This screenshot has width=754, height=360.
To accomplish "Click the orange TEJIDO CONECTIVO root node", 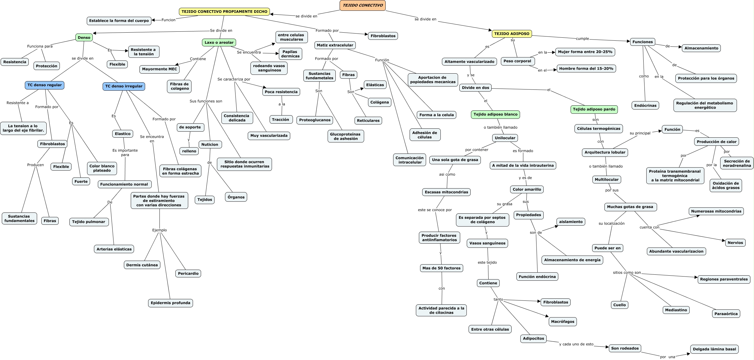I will tap(362, 5).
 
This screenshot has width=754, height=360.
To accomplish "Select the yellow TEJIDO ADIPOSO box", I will tap(512, 34).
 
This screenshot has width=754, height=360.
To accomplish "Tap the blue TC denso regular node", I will tap(45, 85).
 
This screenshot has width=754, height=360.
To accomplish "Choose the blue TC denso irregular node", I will tap(124, 86).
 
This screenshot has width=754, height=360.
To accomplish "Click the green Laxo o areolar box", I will tap(219, 42).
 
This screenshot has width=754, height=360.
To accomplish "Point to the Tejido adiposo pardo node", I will tap(594, 109).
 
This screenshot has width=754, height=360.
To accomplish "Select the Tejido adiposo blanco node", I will tap(495, 114).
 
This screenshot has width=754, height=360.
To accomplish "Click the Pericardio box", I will tap(188, 274).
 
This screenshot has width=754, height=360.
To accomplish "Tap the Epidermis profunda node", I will tap(171, 303).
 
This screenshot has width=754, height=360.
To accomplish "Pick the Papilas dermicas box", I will tap(290, 54).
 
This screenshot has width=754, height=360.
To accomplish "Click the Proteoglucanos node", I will tap(315, 120).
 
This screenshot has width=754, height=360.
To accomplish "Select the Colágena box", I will tap(379, 102).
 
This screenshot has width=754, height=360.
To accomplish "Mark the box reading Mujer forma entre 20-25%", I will tap(585, 52).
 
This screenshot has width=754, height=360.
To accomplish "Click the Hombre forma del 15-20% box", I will tap(586, 69).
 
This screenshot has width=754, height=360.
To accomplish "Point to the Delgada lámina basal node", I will tap(714, 349).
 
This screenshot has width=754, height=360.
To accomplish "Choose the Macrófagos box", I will tap(563, 322).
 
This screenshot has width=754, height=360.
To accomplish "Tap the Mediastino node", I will tap(676, 310).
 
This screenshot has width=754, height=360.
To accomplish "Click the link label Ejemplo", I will tap(159, 230).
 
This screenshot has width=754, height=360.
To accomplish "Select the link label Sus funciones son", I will tap(206, 101).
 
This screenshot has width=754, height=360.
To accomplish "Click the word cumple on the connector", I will tap(582, 39).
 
